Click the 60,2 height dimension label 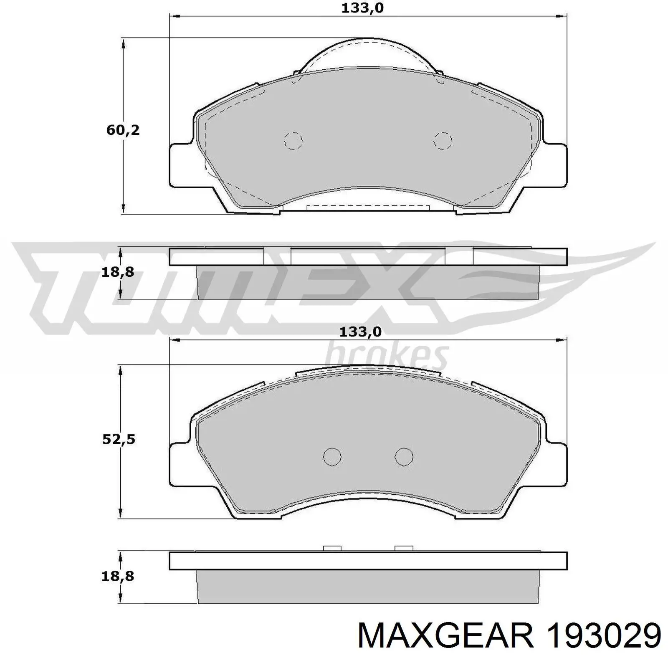pos(123,130)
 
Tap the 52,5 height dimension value pos(119,440)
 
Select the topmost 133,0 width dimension pos(362,8)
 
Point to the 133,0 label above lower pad pos(360,332)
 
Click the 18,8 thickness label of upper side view pos(118,272)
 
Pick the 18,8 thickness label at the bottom pos(118,577)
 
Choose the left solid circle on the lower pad pos(332,457)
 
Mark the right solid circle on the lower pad pos(404,457)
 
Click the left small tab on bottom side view pos(332,548)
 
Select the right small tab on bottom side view pos(404,548)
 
